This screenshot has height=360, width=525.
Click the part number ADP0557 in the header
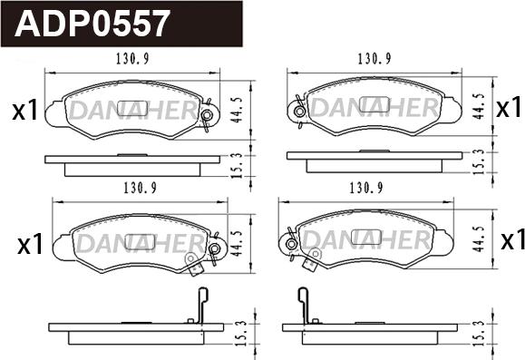[x=91, y=24]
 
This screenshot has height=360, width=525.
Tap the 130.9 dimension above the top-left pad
[x=132, y=59]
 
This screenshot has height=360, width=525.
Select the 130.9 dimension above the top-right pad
[x=374, y=59]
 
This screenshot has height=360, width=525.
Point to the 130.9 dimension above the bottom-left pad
[x=141, y=189]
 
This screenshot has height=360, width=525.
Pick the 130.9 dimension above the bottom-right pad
[x=366, y=189]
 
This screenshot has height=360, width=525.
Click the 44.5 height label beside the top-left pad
[x=237, y=110]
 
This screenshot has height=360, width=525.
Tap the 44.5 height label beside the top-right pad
[x=479, y=106]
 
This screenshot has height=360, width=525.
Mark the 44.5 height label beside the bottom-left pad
[x=237, y=243]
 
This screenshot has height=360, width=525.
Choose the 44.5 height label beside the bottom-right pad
[x=479, y=239]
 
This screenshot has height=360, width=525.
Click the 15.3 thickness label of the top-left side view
[x=237, y=165]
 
